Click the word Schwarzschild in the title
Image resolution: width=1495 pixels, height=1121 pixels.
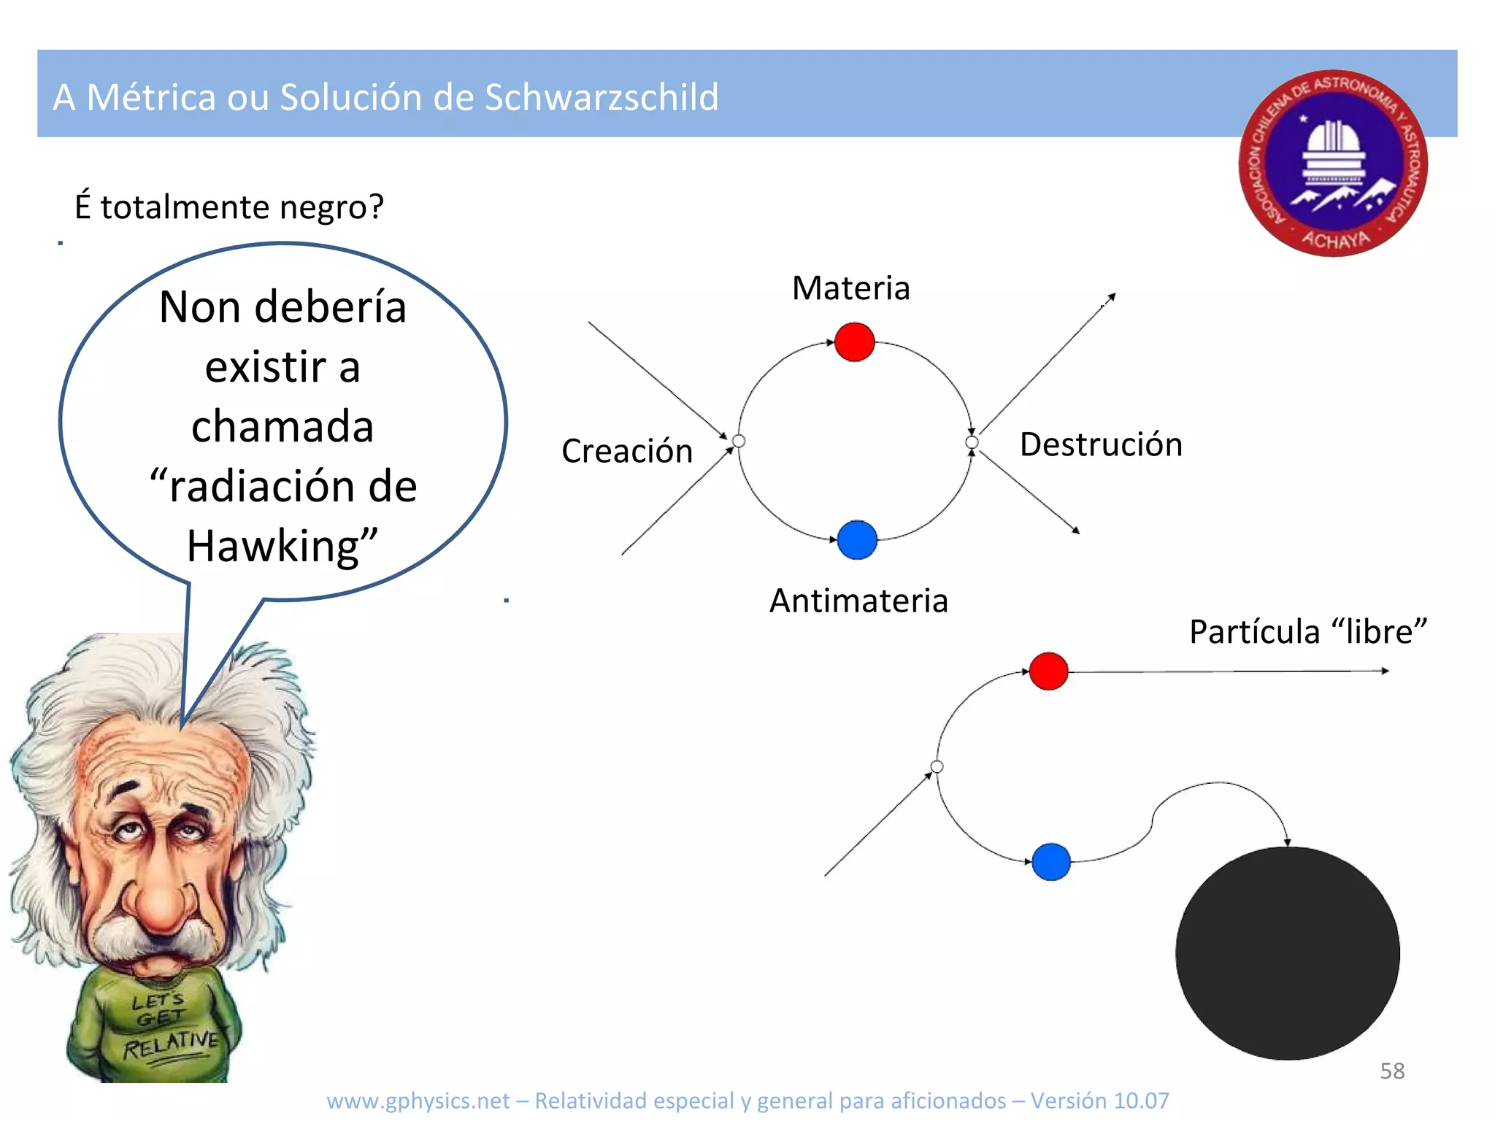pyautogui.click(x=602, y=97)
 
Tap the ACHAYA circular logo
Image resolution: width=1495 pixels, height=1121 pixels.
pyautogui.click(x=1333, y=163)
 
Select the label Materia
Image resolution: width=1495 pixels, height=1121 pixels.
pyautogui.click(x=851, y=288)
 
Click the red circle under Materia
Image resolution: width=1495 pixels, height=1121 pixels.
pyautogui.click(x=854, y=342)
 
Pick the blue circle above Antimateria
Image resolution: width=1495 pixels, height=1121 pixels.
pyautogui.click(x=857, y=540)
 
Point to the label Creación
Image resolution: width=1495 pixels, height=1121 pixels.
pyautogui.click(x=627, y=451)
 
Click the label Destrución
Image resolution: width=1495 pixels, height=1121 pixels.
pyautogui.click(x=1101, y=444)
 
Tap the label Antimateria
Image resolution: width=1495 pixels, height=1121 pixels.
pyautogui.click(x=858, y=601)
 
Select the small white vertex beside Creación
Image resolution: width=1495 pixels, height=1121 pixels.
pyautogui.click(x=739, y=441)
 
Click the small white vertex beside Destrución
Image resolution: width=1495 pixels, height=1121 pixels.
pyautogui.click(x=972, y=442)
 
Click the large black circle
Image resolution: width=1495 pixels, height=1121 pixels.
pyautogui.click(x=1287, y=952)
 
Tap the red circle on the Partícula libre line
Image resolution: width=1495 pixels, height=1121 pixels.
pyautogui.click(x=1048, y=671)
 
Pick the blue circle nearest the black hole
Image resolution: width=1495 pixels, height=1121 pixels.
pyautogui.click(x=1051, y=862)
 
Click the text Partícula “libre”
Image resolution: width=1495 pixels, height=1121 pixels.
pyautogui.click(x=1307, y=631)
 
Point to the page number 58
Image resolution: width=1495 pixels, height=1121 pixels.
pyautogui.click(x=1392, y=1071)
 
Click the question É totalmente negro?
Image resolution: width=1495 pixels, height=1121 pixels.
pyautogui.click(x=228, y=207)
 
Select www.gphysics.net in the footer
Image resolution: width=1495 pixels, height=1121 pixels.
pyautogui.click(x=418, y=1101)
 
